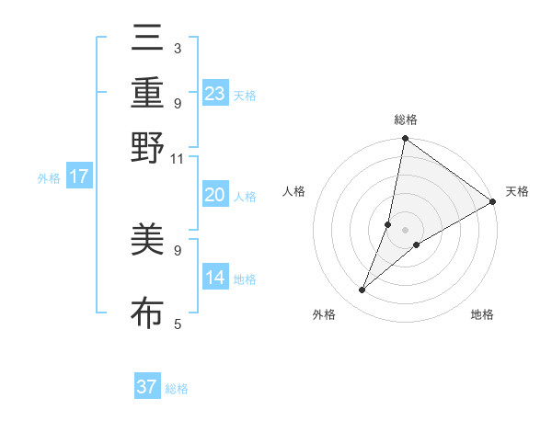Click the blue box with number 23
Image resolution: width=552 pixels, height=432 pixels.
215,93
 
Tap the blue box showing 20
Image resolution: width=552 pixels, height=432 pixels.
215,195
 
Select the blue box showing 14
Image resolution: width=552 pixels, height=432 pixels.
215,278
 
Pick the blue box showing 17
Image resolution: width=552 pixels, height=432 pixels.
79,176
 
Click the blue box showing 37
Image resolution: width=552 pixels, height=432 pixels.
147,387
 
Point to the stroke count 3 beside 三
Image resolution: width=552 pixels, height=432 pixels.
177,48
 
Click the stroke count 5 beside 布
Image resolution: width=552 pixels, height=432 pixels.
177,324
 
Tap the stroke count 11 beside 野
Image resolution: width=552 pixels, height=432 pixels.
177,158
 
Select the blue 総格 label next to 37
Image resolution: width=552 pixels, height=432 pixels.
177,389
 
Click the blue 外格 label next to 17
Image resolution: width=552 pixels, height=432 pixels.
49,178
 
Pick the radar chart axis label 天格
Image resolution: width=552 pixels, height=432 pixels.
517,191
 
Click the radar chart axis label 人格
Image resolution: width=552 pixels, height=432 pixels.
294,191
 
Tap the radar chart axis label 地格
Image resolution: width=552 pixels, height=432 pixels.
482,315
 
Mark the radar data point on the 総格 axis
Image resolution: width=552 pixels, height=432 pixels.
405,140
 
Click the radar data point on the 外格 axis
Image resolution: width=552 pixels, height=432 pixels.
362,290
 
